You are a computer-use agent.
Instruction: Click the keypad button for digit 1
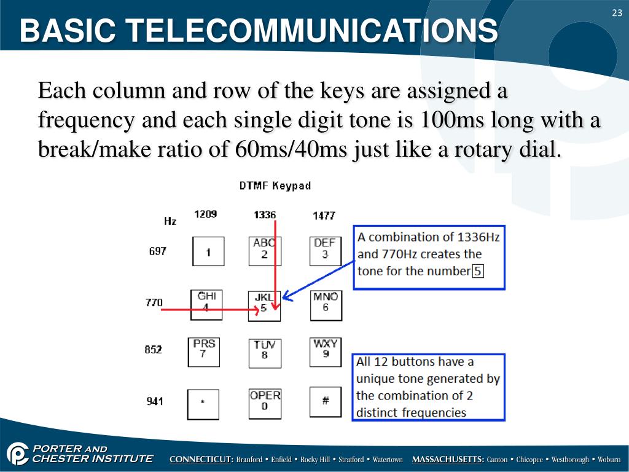coord(208,251)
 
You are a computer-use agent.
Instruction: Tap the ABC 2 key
coord(264,251)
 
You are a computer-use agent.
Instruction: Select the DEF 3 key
coord(325,250)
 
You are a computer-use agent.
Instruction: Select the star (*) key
coord(203,404)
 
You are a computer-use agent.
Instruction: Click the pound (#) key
coord(325,401)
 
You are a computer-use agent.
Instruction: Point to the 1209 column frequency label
coord(205,214)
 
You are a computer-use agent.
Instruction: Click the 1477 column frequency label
coord(324,216)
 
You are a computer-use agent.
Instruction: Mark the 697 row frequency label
coord(158,251)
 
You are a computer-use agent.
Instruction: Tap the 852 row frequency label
coord(154,350)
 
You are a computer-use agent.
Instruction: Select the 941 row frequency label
coord(155,401)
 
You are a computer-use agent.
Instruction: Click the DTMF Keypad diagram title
coord(275,186)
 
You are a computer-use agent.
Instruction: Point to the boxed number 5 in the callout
coord(478,271)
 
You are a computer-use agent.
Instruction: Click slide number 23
coord(617,14)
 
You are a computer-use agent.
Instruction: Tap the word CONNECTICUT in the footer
coord(201,460)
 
